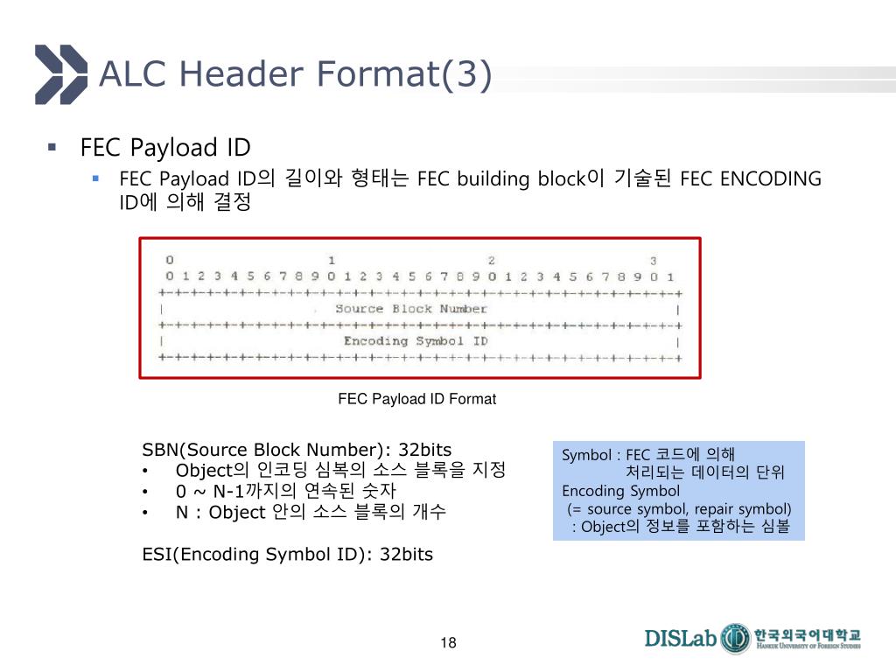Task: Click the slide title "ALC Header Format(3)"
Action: (x=295, y=73)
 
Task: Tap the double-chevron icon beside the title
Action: (x=61, y=73)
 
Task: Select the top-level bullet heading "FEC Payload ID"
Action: (x=165, y=147)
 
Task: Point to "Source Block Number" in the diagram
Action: (x=410, y=309)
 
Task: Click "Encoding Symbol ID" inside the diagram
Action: (x=415, y=341)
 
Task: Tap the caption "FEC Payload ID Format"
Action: (x=416, y=399)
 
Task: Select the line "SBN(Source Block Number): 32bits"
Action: (x=297, y=451)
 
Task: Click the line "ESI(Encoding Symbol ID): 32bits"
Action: (x=287, y=555)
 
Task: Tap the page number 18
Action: (x=449, y=643)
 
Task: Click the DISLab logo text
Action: (x=681, y=638)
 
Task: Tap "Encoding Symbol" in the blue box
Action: (x=620, y=491)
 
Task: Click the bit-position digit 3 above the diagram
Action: (x=653, y=260)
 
